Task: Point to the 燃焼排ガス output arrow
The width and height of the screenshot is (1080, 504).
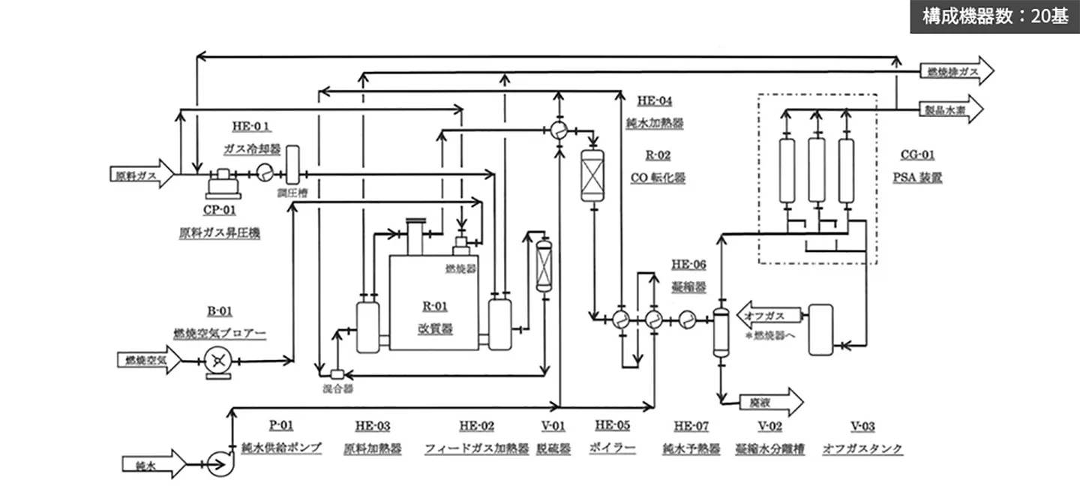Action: pos(956,72)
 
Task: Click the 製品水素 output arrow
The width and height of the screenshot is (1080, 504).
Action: pos(956,109)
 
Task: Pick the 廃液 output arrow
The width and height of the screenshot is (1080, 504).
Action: pos(772,403)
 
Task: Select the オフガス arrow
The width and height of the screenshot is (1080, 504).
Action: pos(769,316)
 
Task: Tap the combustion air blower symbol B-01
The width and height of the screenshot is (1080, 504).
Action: pos(217,361)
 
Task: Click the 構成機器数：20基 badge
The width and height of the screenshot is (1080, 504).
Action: pos(994,16)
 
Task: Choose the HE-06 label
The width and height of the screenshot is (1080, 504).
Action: pos(688,264)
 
